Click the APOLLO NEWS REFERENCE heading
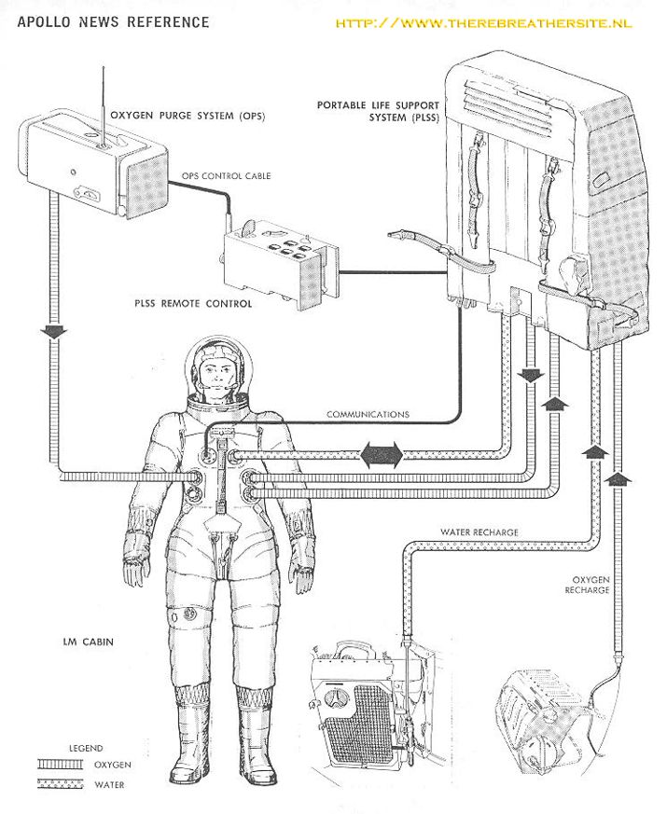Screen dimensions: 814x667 (113, 21)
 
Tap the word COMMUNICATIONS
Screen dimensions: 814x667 (368, 414)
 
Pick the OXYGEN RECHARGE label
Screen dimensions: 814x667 (587, 585)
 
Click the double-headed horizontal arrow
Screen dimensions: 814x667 (381, 455)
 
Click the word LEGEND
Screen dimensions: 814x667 (85, 748)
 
